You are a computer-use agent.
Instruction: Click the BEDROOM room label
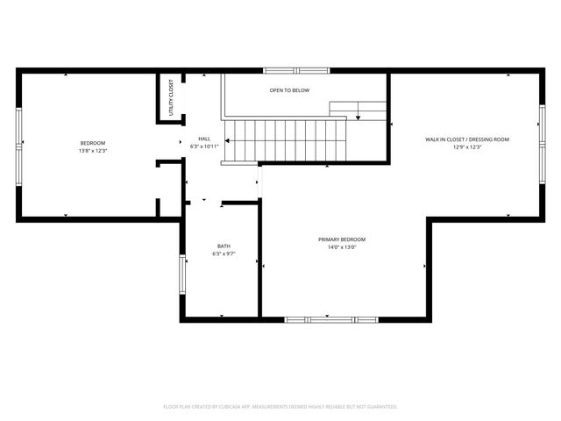(92, 143)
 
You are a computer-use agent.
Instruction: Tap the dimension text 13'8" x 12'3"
(92, 151)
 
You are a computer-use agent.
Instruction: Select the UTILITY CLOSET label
(171, 97)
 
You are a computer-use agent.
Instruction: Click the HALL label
(204, 139)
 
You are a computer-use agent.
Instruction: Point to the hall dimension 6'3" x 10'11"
(204, 146)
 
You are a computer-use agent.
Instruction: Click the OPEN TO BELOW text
(289, 90)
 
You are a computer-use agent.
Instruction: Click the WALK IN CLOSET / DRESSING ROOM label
(467, 139)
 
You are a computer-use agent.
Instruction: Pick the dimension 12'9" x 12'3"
(467, 147)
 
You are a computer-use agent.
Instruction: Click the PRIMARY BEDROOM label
(342, 239)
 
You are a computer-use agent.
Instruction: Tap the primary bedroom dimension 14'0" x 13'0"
(342, 247)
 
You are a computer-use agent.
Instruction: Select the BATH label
(224, 246)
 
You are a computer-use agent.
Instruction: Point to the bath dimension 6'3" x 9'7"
(224, 253)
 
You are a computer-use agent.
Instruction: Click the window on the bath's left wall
(182, 274)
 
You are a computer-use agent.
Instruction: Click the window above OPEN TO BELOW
(295, 70)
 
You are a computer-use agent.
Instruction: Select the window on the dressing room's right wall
(542, 140)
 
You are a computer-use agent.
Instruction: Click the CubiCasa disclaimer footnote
(280, 407)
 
